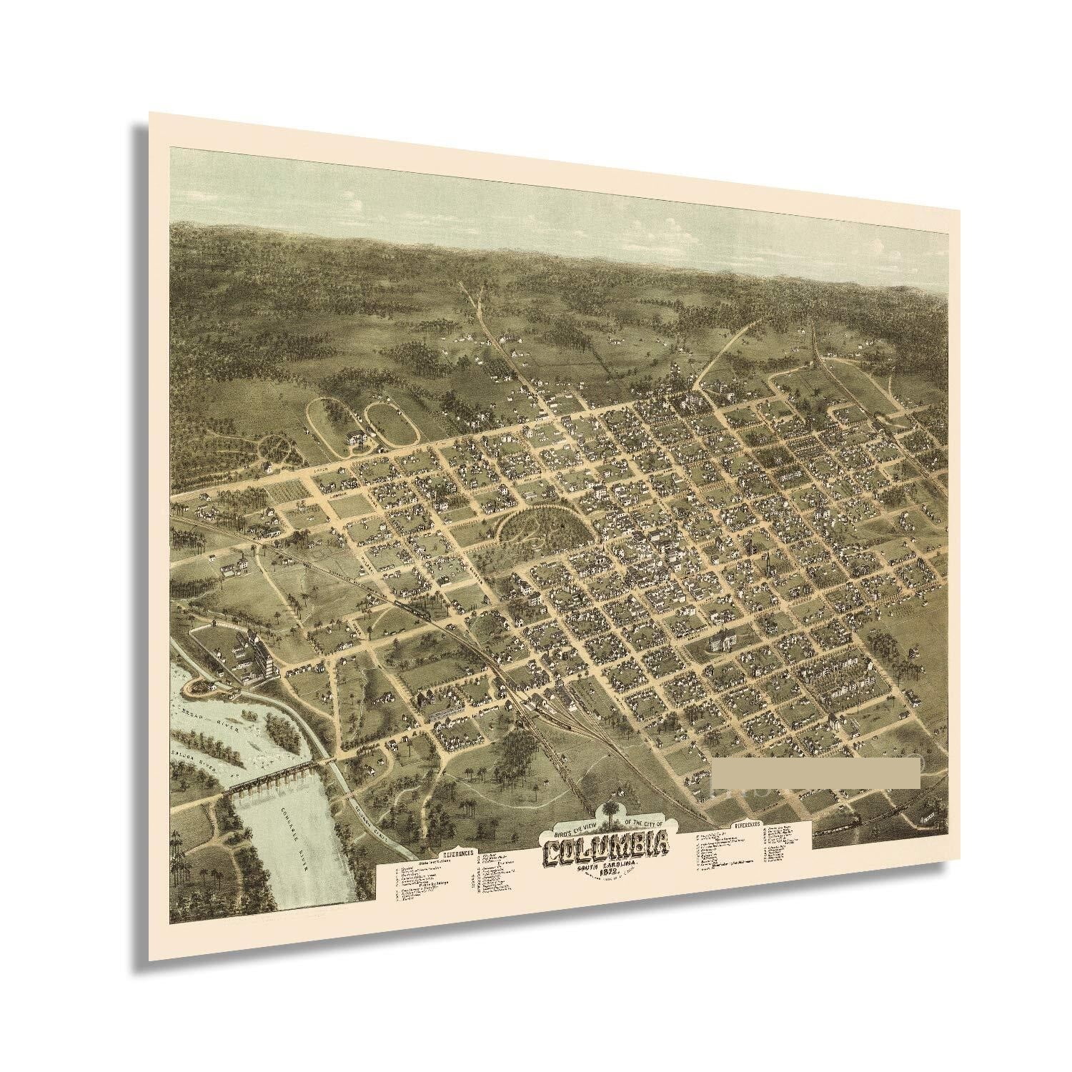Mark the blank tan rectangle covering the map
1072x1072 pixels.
[x=815, y=773]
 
